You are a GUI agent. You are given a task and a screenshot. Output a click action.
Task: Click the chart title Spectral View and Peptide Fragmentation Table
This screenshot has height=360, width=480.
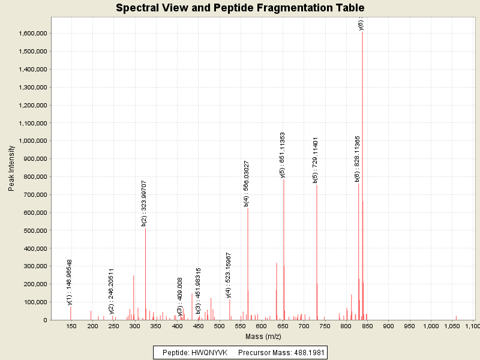pyautogui.click(x=240, y=8)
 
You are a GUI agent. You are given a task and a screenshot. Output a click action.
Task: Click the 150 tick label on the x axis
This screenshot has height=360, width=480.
pyautogui.click(x=71, y=326)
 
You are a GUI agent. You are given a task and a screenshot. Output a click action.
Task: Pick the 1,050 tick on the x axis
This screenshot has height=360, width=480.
pyautogui.click(x=452, y=326)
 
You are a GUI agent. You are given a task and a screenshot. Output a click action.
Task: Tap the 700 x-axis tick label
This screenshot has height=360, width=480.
pyautogui.click(x=304, y=326)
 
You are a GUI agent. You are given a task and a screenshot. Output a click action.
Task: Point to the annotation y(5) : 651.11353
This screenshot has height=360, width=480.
pyautogui.click(x=282, y=154)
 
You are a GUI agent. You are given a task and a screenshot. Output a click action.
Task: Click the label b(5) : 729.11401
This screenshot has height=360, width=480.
pyautogui.click(x=316, y=160)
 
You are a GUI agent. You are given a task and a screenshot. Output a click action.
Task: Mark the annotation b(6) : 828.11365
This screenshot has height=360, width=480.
pyautogui.click(x=358, y=158)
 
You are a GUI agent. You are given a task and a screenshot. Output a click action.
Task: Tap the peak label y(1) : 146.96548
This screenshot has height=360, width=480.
pyautogui.click(x=70, y=282)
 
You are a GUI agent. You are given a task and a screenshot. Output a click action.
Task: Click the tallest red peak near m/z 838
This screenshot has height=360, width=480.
pyautogui.click(x=362, y=180)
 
